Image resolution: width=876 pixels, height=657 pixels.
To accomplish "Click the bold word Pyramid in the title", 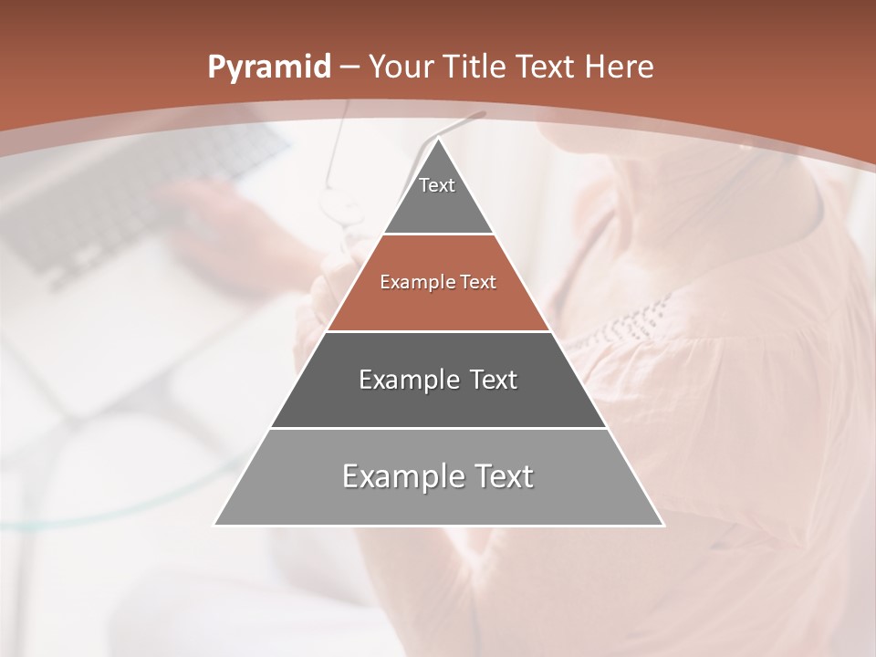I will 268,68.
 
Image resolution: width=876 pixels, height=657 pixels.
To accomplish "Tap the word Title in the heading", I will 479,67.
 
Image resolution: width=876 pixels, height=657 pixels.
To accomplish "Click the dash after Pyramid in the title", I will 349,68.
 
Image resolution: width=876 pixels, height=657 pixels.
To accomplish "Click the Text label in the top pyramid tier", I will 437,185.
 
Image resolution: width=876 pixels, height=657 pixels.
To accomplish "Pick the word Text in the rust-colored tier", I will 478,282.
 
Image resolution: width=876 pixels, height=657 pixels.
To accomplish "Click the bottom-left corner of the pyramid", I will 214,525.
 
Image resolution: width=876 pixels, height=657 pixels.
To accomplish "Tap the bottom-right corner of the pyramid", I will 663,525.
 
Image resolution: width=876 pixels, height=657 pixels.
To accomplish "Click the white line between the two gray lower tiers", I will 438,428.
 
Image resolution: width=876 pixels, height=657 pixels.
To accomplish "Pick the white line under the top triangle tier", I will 438,234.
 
